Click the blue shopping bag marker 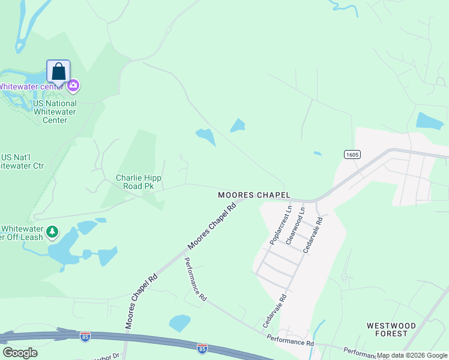(58, 71)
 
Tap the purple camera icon (74, 86)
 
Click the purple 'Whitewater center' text (32, 86)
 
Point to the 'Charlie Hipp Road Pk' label (138, 182)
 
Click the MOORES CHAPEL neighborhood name (254, 195)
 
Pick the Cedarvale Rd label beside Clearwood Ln (312, 235)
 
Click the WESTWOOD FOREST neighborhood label (391, 329)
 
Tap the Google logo (20, 353)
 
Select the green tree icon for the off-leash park (53, 231)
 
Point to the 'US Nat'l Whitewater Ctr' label (22, 161)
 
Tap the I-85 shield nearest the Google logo (85, 336)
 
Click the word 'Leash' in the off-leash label (31, 237)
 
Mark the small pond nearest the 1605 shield (317, 154)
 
